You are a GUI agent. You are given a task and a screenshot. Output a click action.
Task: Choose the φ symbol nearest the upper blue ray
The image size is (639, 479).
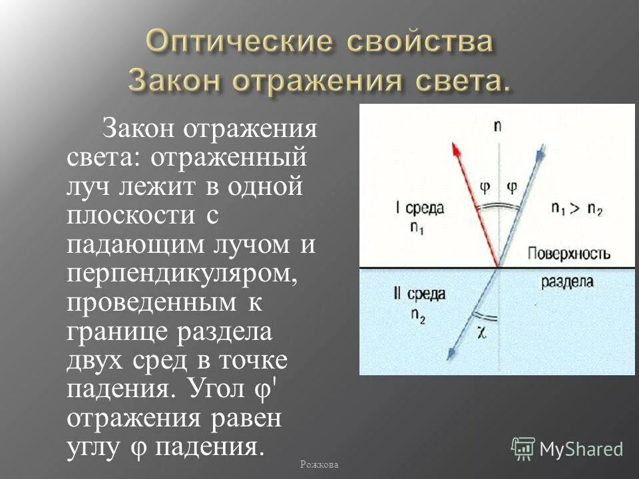point(511,187)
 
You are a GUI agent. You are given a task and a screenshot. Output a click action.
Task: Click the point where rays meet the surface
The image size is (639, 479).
point(497,267)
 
